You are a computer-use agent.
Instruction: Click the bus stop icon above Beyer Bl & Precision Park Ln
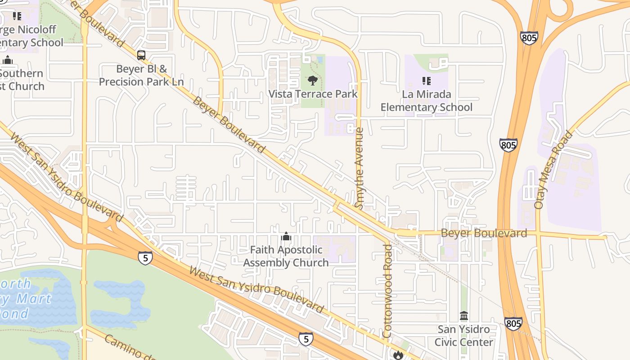(x=141, y=55)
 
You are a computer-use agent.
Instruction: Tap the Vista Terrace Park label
(x=313, y=94)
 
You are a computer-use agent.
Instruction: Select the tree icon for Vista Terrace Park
(x=312, y=81)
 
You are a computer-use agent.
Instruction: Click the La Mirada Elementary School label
(x=426, y=101)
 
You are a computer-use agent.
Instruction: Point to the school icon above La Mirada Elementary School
(x=426, y=81)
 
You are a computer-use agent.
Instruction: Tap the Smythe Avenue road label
(x=359, y=168)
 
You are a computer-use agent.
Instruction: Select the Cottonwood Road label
(x=387, y=290)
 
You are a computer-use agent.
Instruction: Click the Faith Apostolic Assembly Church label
(x=286, y=256)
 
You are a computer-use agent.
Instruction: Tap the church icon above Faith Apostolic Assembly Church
(x=286, y=236)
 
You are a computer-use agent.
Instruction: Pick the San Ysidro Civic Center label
(x=463, y=336)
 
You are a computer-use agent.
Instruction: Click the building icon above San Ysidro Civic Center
(x=464, y=315)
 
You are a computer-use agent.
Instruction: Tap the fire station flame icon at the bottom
(x=398, y=355)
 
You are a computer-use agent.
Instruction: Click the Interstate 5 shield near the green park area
(x=145, y=257)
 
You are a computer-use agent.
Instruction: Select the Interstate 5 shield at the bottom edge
(x=306, y=338)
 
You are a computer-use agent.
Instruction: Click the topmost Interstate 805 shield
(x=529, y=38)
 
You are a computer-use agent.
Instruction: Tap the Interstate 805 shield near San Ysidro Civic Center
(x=513, y=323)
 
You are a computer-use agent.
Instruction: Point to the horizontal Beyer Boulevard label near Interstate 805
(x=484, y=233)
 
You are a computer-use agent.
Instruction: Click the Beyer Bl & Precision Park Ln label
(x=141, y=75)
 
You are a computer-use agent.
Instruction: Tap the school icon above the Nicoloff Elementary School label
(x=17, y=17)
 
